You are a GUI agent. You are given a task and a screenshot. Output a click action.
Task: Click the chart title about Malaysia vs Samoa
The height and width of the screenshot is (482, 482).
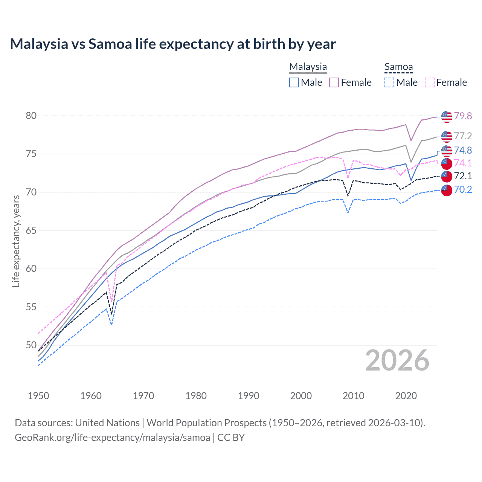coord(172,44)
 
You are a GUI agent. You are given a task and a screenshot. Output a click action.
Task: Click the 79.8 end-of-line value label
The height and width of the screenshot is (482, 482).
coord(463,116)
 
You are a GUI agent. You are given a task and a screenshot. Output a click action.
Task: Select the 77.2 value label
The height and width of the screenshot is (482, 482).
coord(463,136)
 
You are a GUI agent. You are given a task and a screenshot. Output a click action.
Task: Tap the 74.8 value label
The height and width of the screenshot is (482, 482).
coord(463,150)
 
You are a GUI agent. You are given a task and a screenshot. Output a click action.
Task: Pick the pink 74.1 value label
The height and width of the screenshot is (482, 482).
coord(463,163)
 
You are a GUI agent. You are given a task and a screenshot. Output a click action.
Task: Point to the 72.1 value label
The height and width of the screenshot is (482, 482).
coord(463,176)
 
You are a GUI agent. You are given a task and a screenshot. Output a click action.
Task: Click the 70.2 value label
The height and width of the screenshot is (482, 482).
coord(463,189)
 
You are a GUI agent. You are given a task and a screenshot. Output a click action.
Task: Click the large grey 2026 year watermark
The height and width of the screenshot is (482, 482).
coord(397,360)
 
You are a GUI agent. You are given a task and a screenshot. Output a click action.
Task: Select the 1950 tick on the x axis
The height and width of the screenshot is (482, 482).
coord(38,396)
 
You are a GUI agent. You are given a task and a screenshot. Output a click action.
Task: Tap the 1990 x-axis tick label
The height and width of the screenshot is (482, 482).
coord(249,396)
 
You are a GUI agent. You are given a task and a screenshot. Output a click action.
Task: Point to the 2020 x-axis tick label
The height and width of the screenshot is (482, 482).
coord(406,396)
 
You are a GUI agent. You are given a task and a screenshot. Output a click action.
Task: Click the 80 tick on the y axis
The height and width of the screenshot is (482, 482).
coord(31,116)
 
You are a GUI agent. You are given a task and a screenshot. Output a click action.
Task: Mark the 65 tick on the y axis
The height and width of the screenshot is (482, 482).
coord(31,230)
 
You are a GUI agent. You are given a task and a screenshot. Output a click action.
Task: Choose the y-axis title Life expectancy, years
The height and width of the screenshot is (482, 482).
coord(16,241)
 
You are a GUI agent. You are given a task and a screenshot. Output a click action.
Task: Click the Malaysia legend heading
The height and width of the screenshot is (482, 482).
coord(308,67)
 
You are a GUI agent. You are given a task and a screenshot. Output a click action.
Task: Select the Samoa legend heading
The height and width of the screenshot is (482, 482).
coord(398,67)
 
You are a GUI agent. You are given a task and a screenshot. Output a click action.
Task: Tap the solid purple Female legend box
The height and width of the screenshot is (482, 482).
coord(334,82)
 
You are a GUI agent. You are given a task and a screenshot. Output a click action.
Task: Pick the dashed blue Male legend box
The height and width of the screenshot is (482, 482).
coord(389,82)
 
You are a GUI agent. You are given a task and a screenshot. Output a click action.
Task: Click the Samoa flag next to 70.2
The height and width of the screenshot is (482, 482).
coord(446,190)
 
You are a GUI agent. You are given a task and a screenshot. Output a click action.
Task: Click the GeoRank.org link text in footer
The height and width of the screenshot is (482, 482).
coord(112,438)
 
